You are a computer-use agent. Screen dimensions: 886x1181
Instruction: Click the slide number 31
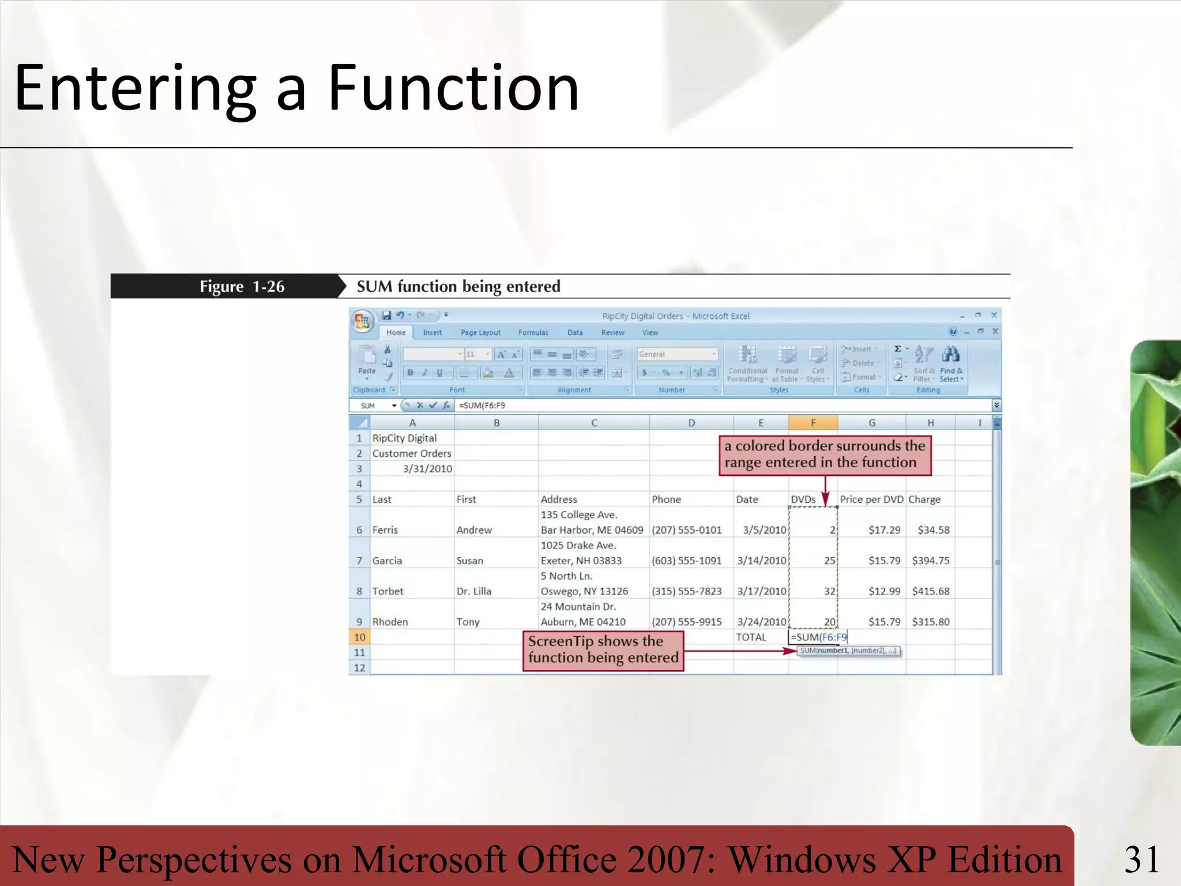click(1142, 859)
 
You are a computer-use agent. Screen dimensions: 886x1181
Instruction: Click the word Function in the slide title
click(453, 88)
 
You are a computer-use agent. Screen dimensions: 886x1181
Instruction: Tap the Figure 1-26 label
click(242, 287)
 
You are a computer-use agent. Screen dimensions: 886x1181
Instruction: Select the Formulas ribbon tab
click(533, 333)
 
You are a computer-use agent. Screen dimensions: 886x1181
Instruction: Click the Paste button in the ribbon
click(367, 361)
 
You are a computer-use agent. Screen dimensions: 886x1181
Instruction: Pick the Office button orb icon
click(362, 321)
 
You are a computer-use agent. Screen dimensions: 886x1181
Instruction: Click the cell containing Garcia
click(387, 561)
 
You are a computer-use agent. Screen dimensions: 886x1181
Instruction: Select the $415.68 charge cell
click(930, 591)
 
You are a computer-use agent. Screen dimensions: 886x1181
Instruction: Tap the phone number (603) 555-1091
click(686, 561)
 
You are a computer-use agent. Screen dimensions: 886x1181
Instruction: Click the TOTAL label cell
click(751, 637)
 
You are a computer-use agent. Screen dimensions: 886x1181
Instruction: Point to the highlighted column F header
click(813, 423)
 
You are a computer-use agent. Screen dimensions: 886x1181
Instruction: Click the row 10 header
click(359, 637)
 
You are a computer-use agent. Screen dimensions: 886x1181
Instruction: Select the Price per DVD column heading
click(871, 500)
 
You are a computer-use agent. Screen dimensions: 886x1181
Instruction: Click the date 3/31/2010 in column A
click(427, 469)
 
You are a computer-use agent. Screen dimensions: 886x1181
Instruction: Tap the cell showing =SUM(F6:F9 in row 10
click(818, 637)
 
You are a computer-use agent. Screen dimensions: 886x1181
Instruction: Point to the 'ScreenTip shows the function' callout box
click(603, 650)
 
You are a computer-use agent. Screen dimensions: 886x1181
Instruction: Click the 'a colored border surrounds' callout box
click(825, 455)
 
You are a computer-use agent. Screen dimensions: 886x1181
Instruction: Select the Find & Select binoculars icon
click(950, 354)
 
